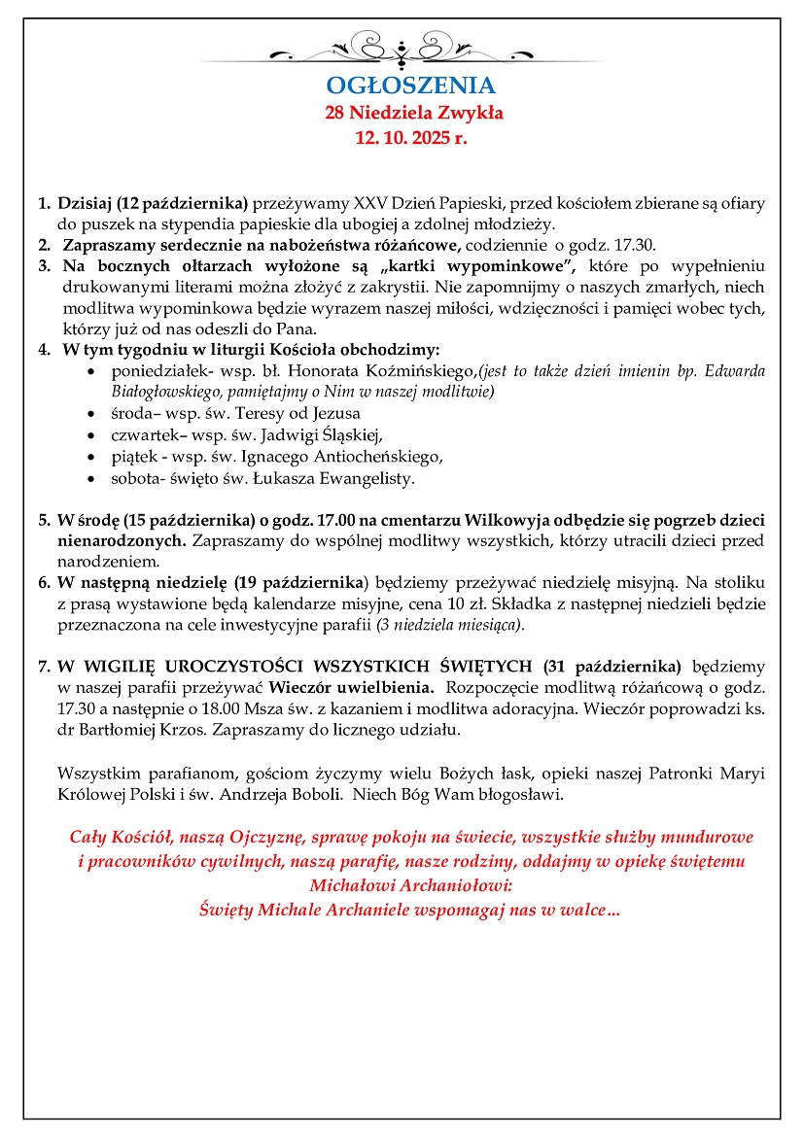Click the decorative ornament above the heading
(402, 47)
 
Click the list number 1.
(43, 204)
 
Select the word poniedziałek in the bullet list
(155, 371)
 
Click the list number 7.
(43, 667)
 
